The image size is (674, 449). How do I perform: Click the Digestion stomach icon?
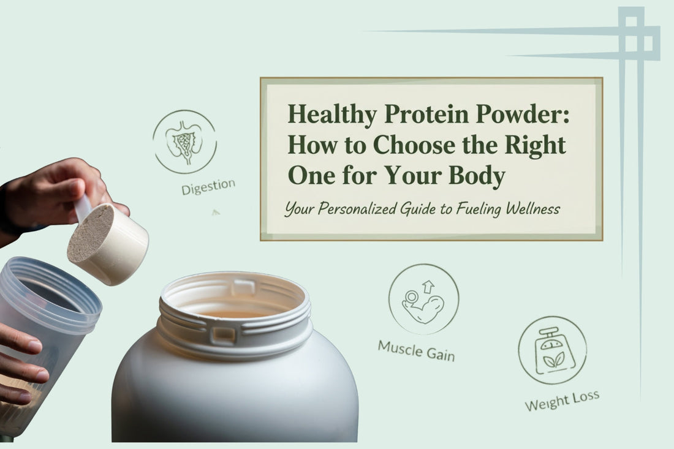coord(184,141)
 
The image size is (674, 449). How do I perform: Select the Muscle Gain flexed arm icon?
coord(423,299)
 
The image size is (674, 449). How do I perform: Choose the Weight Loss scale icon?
coord(552,350)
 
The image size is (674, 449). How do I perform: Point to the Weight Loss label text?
coord(561,401)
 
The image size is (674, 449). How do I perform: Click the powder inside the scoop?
coord(90,232)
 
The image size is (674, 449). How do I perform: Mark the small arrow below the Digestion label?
coord(215,212)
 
